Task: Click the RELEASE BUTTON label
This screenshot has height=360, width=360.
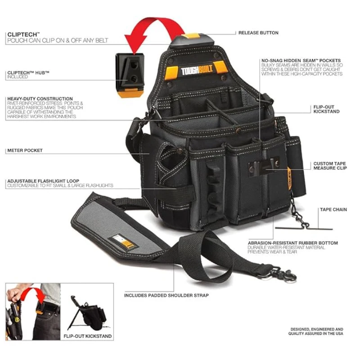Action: pyautogui.click(x=258, y=33)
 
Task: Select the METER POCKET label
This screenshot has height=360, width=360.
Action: pyautogui.click(x=25, y=150)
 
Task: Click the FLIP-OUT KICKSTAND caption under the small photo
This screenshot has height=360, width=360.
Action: pyautogui.click(x=88, y=336)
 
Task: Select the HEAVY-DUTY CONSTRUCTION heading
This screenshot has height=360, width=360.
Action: pyautogui.click(x=40, y=99)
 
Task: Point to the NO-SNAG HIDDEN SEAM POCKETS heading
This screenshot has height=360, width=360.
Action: pyautogui.click(x=301, y=60)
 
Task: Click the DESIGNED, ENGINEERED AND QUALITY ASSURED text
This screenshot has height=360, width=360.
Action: pyautogui.click(x=316, y=332)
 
